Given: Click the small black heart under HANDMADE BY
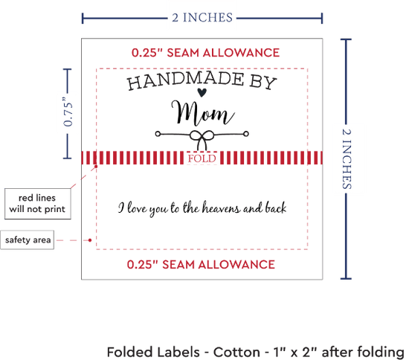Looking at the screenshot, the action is [202, 92].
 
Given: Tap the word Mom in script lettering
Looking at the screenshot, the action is [203, 114].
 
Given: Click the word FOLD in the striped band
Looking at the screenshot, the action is [202, 158].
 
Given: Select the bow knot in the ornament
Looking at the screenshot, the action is [202, 139].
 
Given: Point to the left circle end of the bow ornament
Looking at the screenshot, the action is [158, 134].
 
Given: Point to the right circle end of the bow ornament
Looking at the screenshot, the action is [245, 134].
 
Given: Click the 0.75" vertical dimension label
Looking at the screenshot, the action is [68, 112].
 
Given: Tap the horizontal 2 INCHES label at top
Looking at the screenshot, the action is [202, 18].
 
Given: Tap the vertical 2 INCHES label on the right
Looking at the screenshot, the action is [347, 159].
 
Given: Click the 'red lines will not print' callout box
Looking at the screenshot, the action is [38, 204].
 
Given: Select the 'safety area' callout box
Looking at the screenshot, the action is [28, 240].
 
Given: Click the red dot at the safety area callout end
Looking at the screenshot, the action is [90, 240].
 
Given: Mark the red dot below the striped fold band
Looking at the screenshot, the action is [96, 167].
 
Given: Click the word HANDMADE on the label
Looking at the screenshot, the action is [186, 81].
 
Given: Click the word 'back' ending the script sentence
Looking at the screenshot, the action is [276, 208].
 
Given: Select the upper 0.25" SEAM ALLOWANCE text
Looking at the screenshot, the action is [205, 53].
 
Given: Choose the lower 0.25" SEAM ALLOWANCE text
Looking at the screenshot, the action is [201, 265].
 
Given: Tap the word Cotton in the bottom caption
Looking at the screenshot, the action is [236, 352].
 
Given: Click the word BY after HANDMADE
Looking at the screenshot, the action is [263, 83].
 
